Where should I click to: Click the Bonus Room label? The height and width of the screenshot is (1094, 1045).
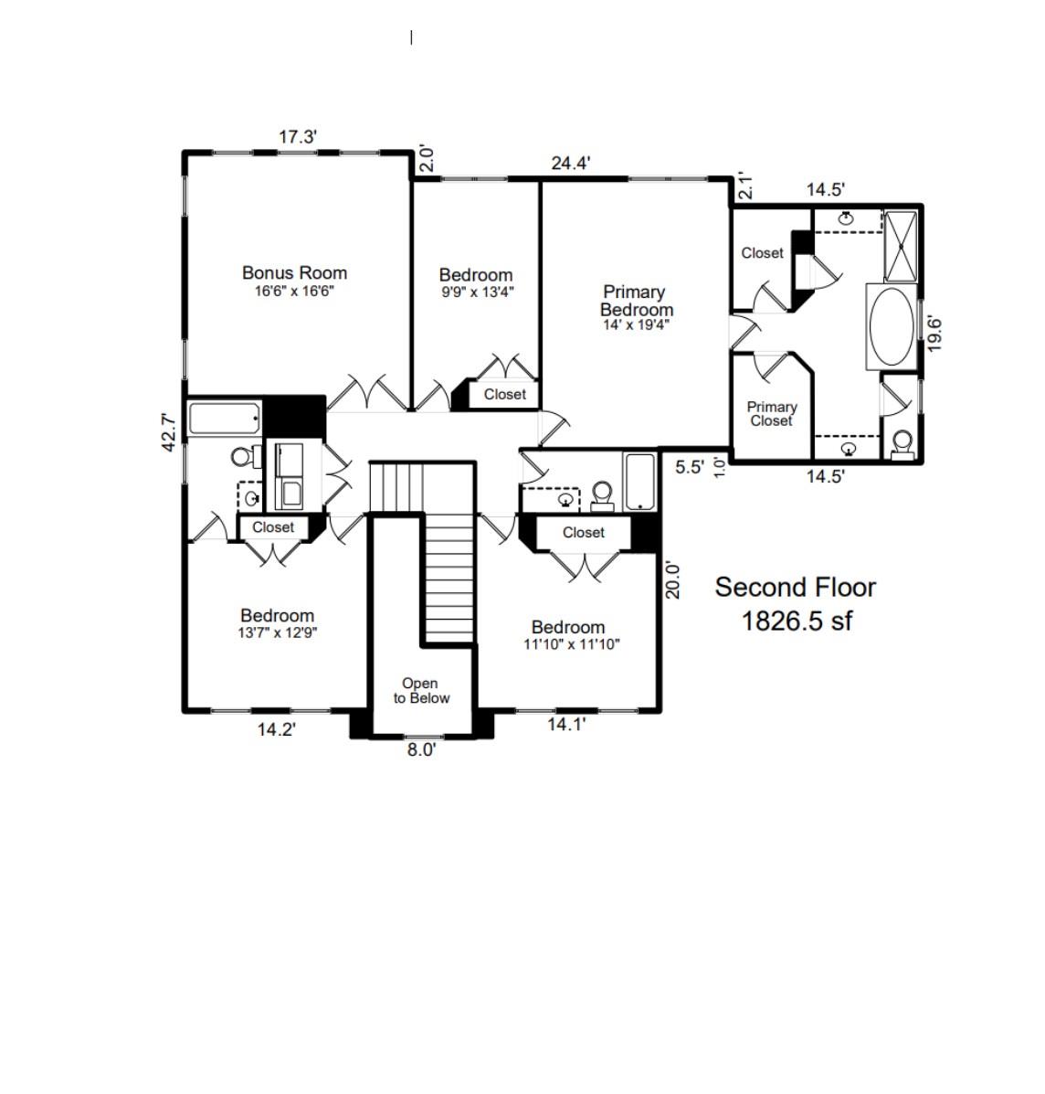tap(294, 272)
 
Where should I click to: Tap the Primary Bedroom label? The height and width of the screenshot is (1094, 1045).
tap(636, 301)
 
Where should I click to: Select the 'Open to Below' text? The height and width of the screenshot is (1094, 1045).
tap(421, 691)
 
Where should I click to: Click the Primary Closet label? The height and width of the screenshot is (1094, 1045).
tap(772, 414)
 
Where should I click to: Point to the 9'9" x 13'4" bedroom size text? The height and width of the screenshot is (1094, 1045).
tap(478, 292)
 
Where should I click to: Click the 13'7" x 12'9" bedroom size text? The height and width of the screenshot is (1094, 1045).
tap(278, 632)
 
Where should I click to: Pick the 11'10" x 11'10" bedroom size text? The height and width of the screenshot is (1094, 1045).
tap(572, 644)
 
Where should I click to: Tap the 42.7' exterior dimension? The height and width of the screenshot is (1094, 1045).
tap(169, 432)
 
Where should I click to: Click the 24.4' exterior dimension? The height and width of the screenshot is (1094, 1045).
tap(571, 163)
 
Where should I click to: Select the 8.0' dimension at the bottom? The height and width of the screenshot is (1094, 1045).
tap(422, 750)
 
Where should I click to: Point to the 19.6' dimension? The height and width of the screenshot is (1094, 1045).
tap(934, 335)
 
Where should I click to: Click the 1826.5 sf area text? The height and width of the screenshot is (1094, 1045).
tap(797, 621)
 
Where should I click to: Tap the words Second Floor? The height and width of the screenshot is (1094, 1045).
tap(796, 588)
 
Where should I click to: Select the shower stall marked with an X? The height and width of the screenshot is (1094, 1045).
tap(901, 246)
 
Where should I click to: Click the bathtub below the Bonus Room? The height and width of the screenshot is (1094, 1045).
tap(225, 419)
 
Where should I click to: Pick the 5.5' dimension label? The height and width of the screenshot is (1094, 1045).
tap(690, 467)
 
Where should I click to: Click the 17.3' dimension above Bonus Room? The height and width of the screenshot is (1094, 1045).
tap(298, 137)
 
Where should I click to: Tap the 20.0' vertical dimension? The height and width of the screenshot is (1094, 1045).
tap(672, 580)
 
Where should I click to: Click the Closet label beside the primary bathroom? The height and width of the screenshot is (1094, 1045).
tap(762, 252)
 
